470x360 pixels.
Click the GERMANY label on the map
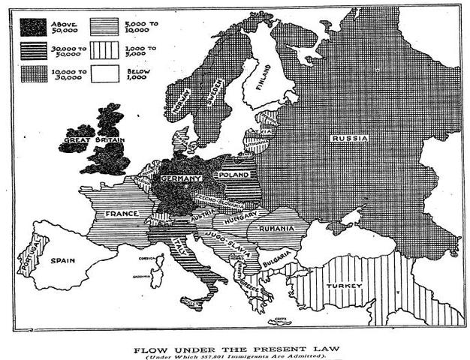[x=180, y=178]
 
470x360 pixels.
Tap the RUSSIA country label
[x=350, y=138]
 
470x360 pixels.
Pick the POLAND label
[x=234, y=174]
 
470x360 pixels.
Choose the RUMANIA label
[x=277, y=227]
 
